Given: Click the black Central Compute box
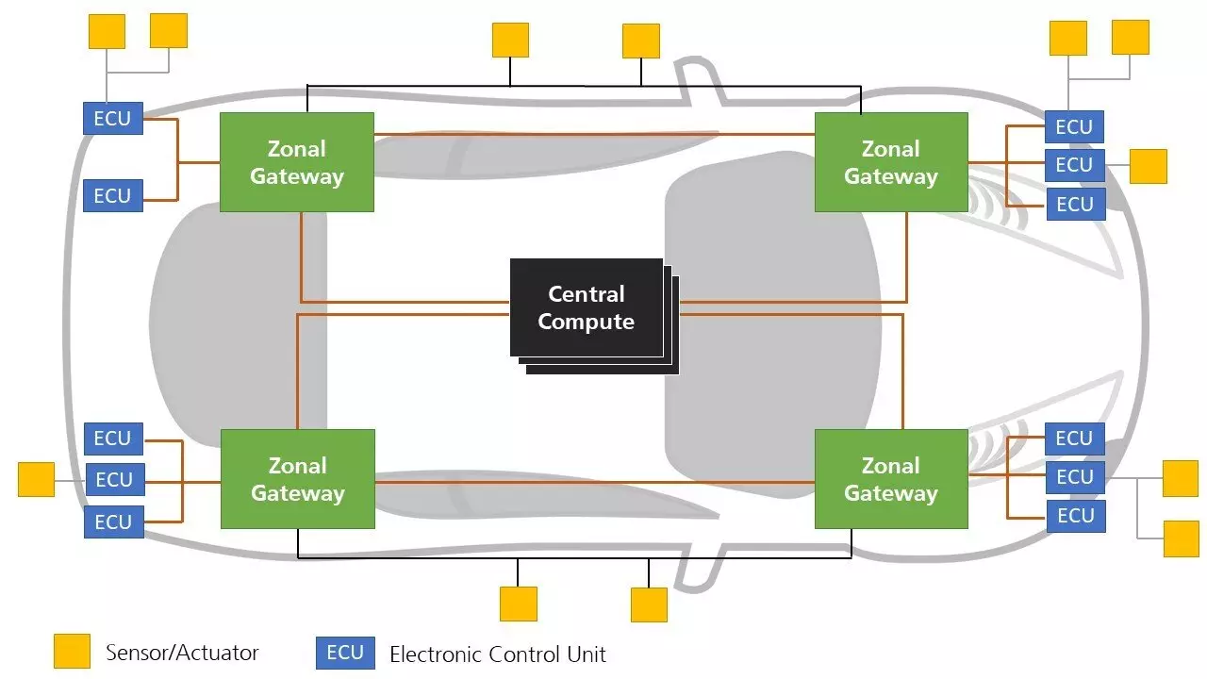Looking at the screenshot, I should (x=587, y=307).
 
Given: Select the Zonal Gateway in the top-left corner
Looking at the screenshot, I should (x=297, y=162).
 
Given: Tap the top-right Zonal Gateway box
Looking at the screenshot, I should (x=891, y=162).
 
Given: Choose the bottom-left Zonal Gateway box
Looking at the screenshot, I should (x=297, y=479).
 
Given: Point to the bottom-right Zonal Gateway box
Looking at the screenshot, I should (x=891, y=479).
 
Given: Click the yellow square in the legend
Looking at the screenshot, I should (x=72, y=652).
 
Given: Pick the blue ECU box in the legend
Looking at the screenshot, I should (x=345, y=653).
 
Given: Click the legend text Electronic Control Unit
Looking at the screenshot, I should (x=497, y=654).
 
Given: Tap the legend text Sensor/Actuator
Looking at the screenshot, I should (x=182, y=652).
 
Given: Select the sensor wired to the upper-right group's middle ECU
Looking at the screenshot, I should (x=1148, y=166).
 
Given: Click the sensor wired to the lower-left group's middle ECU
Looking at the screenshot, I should (x=37, y=479).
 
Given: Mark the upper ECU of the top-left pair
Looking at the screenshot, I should (x=113, y=119).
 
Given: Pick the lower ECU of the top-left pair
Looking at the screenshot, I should (x=113, y=196).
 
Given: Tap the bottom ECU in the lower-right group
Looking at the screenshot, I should (x=1075, y=516).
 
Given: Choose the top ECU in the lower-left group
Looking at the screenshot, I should (x=113, y=439).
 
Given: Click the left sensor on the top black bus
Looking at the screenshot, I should (x=510, y=40).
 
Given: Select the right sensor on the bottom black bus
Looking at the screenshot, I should (x=649, y=604).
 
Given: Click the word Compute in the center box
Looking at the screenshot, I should (x=586, y=322).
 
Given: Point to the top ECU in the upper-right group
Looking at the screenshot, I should (x=1074, y=126).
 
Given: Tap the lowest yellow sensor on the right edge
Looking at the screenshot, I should (x=1181, y=538).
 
